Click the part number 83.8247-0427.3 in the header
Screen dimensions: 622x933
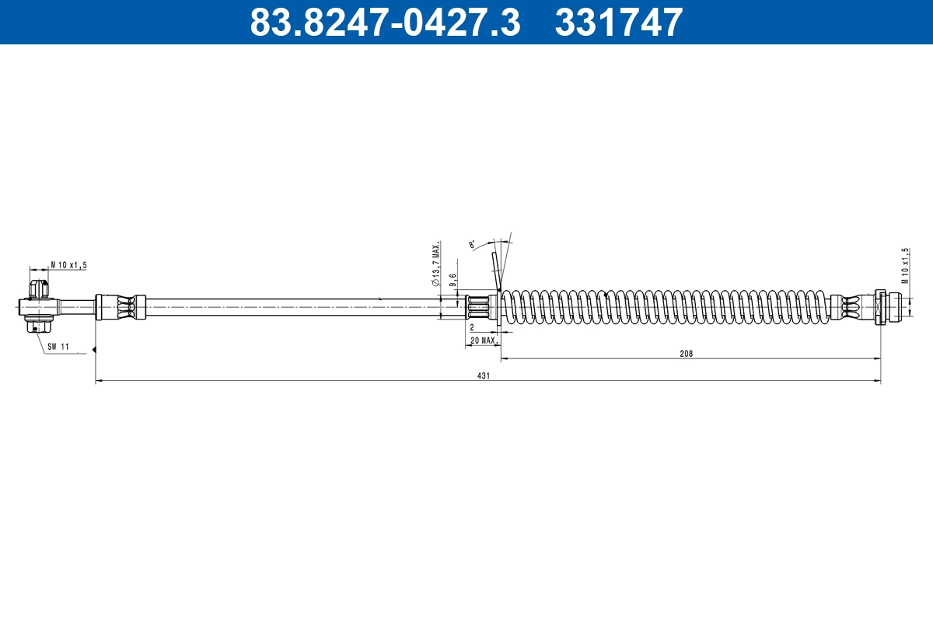tap(384, 23)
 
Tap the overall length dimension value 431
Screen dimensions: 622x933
tap(484, 376)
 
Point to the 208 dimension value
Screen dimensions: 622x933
tap(686, 353)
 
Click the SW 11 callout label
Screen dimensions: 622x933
tap(58, 347)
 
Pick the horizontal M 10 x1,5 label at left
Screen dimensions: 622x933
tap(68, 265)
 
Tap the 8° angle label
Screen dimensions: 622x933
tap(472, 245)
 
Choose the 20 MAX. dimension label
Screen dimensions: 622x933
tap(483, 341)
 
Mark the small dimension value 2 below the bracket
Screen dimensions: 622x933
tap(472, 329)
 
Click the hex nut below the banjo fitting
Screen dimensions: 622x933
tap(35, 326)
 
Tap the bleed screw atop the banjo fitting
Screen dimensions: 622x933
tap(37, 289)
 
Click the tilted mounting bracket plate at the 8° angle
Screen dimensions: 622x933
tap(494, 272)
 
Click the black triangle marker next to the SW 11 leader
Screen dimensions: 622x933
tap(93, 350)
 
